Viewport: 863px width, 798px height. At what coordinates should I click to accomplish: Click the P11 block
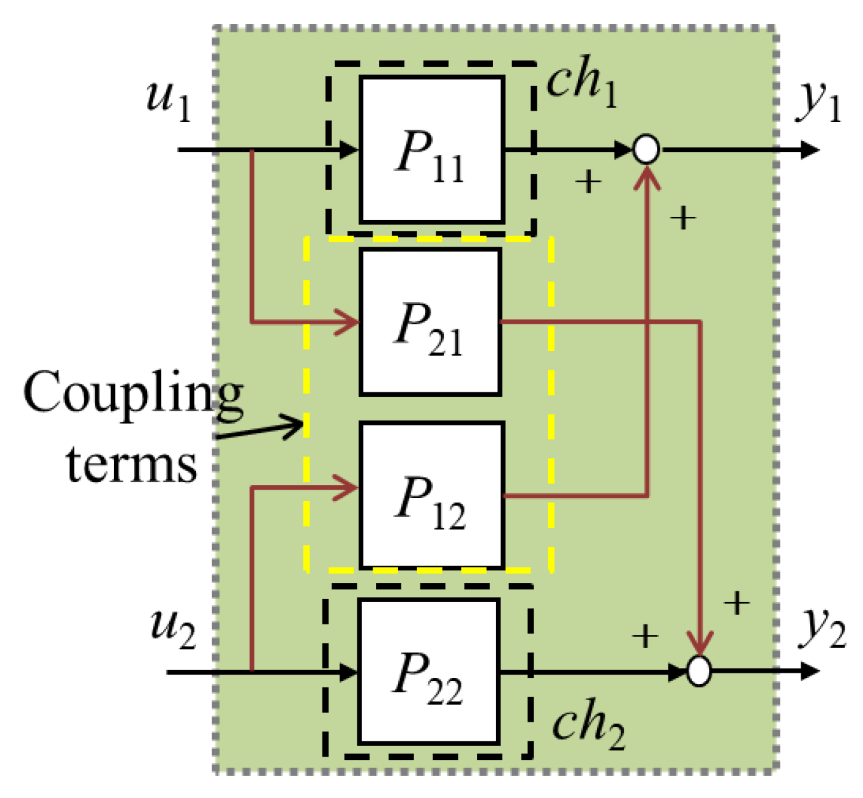(431, 149)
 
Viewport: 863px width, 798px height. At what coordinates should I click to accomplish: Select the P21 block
(430, 322)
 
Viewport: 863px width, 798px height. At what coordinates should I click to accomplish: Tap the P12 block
(431, 495)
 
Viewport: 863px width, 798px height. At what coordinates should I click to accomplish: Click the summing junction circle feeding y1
(646, 150)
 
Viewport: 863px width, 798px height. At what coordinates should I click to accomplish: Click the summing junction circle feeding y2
(699, 671)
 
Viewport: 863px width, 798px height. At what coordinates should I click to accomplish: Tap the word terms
(132, 464)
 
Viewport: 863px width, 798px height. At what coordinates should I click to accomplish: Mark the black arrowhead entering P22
(349, 671)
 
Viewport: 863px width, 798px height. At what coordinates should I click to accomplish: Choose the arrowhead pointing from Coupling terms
(295, 425)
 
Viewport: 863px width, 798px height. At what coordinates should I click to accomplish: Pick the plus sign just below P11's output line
(588, 182)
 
